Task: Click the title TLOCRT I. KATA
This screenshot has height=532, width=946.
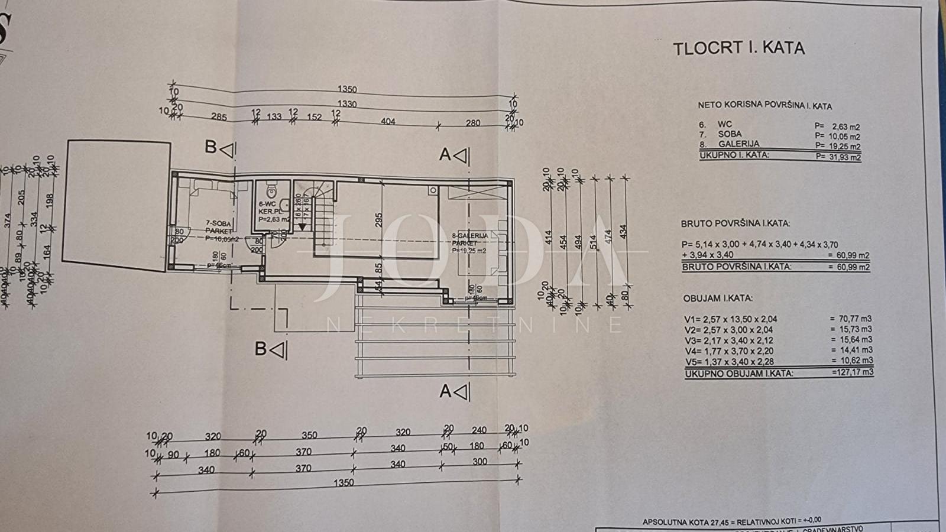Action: point(738,48)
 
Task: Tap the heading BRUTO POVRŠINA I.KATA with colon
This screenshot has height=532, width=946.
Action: point(736,223)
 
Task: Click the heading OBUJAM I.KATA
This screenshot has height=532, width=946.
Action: point(718,299)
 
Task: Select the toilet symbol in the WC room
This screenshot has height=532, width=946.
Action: point(271,191)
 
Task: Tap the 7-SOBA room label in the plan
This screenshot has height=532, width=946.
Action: point(218,224)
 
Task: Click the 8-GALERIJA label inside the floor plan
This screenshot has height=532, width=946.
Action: point(470,236)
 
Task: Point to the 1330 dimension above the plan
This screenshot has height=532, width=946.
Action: point(347,104)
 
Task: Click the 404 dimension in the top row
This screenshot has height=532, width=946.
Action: point(388,122)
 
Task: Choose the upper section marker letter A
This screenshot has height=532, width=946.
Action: point(445,154)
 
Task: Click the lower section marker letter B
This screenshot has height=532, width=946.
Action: point(261,349)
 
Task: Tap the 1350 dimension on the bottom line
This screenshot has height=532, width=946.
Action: point(343,482)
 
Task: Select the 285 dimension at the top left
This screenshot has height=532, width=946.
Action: point(219,117)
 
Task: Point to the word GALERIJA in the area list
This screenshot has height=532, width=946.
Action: point(738,144)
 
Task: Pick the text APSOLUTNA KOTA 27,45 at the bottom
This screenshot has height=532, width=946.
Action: point(685,522)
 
